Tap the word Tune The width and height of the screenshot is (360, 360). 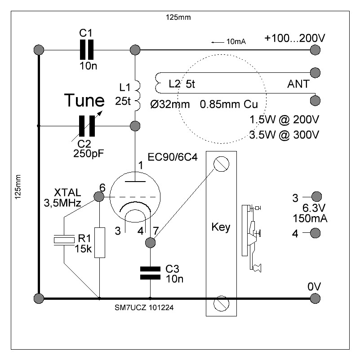click(84, 100)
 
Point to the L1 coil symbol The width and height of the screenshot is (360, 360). click(137, 95)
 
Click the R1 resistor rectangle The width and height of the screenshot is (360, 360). click(100, 243)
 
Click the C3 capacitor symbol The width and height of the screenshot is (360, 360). click(150, 272)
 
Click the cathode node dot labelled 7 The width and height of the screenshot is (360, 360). click(151, 243)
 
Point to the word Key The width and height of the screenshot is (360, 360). click(220, 227)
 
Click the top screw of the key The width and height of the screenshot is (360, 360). click(220, 164)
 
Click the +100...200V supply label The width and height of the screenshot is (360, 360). click(294, 39)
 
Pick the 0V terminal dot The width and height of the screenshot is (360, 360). click(316, 298)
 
